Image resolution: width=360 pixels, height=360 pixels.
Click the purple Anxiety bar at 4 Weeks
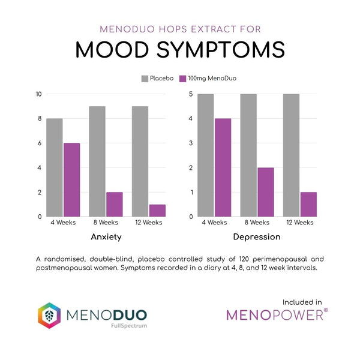(x=71, y=179)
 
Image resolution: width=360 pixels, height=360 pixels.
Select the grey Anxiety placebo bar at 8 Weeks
(x=97, y=161)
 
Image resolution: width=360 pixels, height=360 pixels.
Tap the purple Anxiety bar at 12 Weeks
(x=157, y=210)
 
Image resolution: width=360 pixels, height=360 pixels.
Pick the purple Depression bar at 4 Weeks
(x=223, y=167)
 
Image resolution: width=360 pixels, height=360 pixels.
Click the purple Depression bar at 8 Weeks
(x=265, y=191)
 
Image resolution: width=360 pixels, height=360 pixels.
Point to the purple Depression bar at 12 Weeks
(x=308, y=204)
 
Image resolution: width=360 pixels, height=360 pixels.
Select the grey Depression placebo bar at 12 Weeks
(x=291, y=155)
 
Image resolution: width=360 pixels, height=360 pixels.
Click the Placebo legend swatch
(x=145, y=79)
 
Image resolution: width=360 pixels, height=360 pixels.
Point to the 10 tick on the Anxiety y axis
(x=38, y=94)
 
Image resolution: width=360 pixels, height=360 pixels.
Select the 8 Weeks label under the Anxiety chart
(x=106, y=223)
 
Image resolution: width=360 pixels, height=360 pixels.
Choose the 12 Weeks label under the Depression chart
(x=300, y=223)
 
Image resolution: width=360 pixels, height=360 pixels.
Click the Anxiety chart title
(x=106, y=236)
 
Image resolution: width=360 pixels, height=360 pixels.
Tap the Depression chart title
(x=257, y=236)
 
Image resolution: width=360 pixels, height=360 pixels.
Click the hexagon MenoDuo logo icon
(x=49, y=315)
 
